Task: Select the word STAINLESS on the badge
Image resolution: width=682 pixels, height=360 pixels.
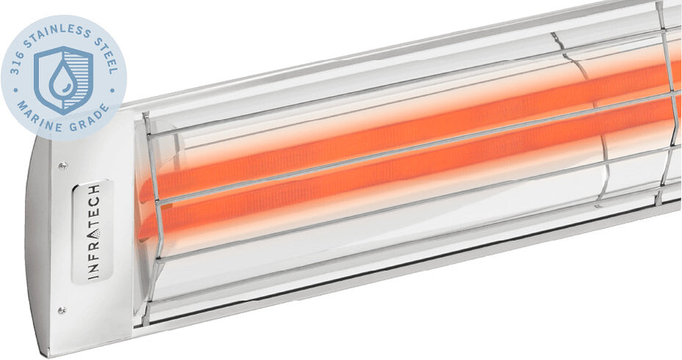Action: pos(59,28)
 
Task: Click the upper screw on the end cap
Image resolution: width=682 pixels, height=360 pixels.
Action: pos(63,166)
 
